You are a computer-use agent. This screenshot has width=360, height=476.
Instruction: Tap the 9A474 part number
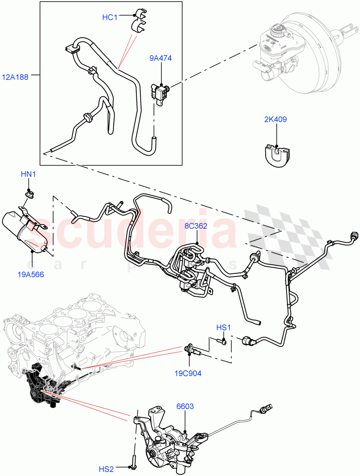click(161, 58)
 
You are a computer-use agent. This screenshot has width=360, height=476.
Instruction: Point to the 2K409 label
click(276, 119)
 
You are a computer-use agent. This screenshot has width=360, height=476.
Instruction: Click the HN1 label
click(29, 174)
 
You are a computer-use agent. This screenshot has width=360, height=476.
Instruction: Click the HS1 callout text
click(223, 328)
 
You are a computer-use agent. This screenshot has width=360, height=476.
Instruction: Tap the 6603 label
click(185, 406)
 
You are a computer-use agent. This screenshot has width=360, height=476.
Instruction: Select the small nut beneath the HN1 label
click(29, 194)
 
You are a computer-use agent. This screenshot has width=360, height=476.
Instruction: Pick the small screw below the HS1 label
click(222, 342)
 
